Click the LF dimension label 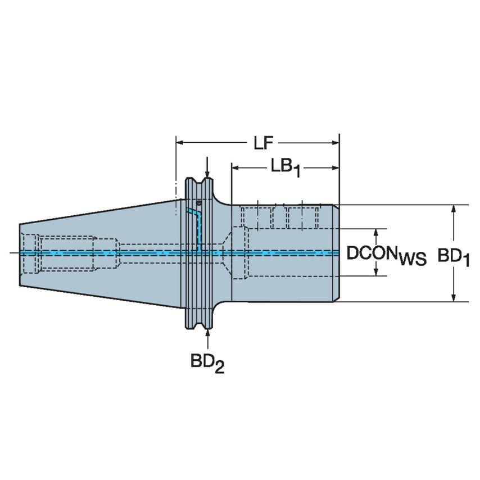tap(260, 143)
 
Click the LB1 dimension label tap(286, 167)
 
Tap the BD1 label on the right tap(454, 257)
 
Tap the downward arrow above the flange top tap(208, 172)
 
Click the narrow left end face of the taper tap(20, 253)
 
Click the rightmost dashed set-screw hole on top tap(307, 216)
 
